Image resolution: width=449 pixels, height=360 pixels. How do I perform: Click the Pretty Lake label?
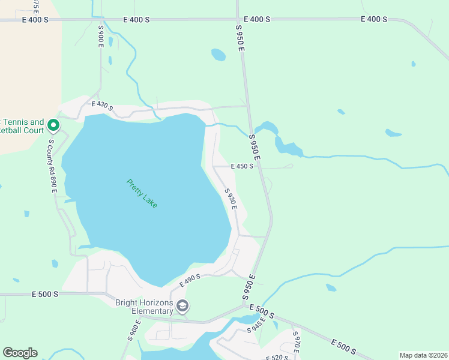(x=142, y=193)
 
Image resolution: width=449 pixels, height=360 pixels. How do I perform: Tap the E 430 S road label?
(x=102, y=105)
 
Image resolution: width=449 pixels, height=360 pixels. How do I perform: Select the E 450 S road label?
(x=242, y=167)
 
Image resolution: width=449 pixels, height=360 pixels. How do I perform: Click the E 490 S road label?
(x=190, y=280)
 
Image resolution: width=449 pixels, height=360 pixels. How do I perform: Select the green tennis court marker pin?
(x=53, y=125)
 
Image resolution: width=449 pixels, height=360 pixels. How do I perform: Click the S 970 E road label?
(x=295, y=342)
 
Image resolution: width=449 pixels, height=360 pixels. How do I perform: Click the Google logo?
(x=20, y=353)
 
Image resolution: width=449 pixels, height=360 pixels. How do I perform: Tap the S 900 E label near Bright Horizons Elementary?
(x=133, y=330)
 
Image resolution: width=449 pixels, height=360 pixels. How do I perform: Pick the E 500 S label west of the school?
(x=46, y=295)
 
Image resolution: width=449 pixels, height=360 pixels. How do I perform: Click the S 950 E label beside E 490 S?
(x=250, y=287)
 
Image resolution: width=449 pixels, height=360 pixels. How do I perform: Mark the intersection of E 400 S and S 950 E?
(x=238, y=19)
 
